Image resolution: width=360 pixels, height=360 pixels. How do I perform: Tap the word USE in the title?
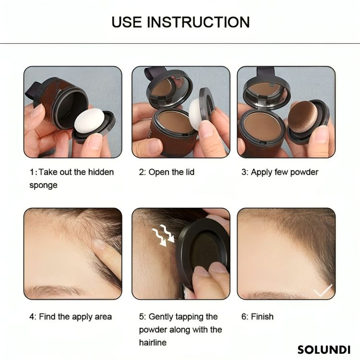tap(128, 22)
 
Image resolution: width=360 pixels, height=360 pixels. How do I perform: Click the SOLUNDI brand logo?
tap(324, 349)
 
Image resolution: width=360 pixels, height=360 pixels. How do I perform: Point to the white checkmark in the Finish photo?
tap(322, 290)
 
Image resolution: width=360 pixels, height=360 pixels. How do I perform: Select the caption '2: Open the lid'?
tap(167, 172)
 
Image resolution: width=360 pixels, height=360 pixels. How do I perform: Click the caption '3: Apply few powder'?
tap(280, 172)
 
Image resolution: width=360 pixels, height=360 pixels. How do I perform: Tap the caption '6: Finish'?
tap(257, 317)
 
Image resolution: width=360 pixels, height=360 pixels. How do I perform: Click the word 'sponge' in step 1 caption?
tap(43, 185)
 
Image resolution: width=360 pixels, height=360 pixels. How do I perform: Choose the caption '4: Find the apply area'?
tap(71, 317)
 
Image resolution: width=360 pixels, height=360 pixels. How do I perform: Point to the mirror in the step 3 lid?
tap(267, 91)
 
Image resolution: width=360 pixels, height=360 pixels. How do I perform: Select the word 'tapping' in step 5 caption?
tap(196, 317)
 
